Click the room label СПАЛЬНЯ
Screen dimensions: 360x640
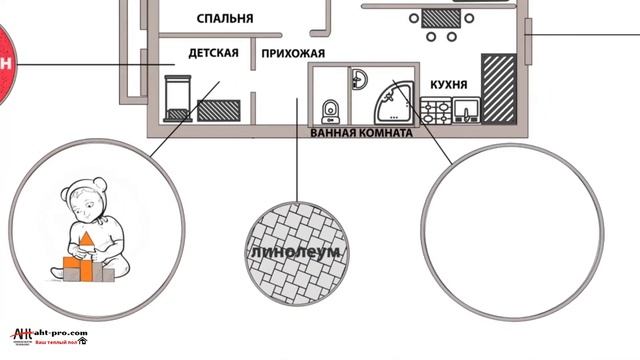pos(225,18)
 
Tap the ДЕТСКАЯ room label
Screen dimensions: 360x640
pos(213,53)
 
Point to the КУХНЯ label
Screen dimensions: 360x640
pos(447,85)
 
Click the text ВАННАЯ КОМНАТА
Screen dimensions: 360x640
pos(361,131)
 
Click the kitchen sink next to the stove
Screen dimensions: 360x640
pos(465,109)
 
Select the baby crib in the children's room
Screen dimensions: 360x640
pos(177,100)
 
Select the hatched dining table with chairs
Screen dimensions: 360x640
pos(436,17)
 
